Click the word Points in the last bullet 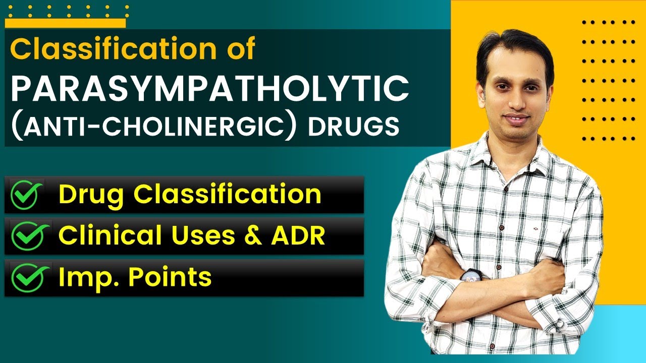[172, 278]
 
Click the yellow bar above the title [66, 23]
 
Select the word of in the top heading [237, 49]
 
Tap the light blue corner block [626, 333]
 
